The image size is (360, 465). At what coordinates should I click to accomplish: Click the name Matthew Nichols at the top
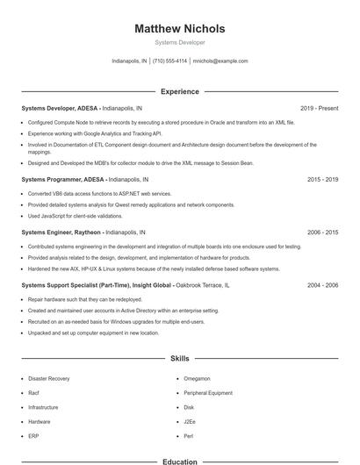180,28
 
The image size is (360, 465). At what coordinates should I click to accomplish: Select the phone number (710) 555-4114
169,61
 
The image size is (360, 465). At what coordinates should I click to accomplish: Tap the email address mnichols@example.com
220,61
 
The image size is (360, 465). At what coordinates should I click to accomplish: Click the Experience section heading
180,91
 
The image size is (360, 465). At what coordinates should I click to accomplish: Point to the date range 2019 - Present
319,108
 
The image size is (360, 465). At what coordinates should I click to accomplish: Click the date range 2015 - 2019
322,179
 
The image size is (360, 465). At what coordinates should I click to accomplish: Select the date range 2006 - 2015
322,232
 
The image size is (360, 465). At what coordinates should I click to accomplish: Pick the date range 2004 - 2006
322,285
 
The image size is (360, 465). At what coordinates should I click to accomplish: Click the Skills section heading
180,359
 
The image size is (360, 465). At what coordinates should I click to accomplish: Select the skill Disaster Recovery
49,378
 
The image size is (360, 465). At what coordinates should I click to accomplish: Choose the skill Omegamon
197,378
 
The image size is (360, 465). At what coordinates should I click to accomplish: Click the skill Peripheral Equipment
208,393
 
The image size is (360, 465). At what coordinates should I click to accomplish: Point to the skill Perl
189,436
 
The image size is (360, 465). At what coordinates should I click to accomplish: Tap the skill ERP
33,436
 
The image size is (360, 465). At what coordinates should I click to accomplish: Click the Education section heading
180,460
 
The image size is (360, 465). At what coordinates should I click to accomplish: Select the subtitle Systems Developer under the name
180,42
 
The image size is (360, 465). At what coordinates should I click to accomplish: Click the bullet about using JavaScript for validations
75,216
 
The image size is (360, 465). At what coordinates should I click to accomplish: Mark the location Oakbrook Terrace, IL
203,285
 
